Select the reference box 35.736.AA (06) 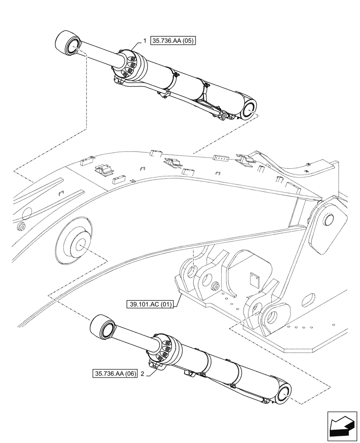pyautogui.click(x=115, y=373)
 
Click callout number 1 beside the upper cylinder pyautogui.click(x=145, y=40)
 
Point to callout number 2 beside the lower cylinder pyautogui.click(x=142, y=373)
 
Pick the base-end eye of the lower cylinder pyautogui.click(x=284, y=393)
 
